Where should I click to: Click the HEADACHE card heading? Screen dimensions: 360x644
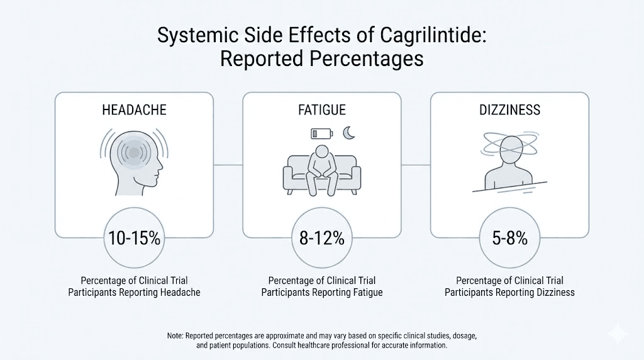coord(134,110)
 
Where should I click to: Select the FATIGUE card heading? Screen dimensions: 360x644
coord(321,110)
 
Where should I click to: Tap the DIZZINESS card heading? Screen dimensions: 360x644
coord(509,110)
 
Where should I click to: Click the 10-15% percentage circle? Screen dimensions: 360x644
coord(134,239)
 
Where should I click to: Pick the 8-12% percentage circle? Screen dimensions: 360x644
coord(321,239)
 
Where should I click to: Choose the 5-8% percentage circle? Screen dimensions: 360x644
coord(509,239)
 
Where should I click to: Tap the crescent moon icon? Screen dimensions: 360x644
coord(349,133)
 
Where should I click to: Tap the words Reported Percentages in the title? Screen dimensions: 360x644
coord(321,60)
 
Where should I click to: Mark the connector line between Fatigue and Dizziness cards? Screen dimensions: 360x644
coord(416,165)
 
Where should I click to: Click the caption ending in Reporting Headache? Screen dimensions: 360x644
coord(134,286)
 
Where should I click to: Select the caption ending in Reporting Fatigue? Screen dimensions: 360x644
coord(321,286)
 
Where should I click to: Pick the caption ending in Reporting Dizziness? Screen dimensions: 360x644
coord(509,286)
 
